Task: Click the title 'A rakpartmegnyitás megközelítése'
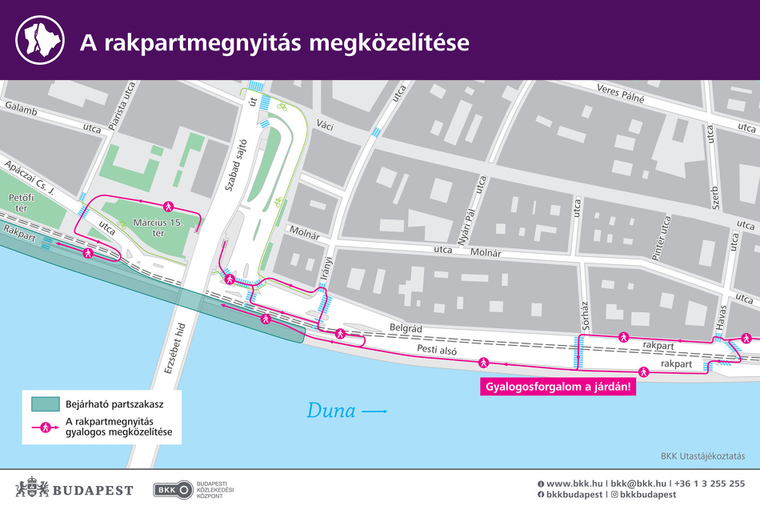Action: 274,42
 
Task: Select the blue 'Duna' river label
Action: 330,412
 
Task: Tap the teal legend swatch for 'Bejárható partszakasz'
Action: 46,404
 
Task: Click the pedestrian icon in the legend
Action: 46,428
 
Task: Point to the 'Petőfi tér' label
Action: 18,202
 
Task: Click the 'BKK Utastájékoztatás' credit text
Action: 702,456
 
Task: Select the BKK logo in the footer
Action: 174,489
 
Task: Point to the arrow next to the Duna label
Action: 375,412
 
